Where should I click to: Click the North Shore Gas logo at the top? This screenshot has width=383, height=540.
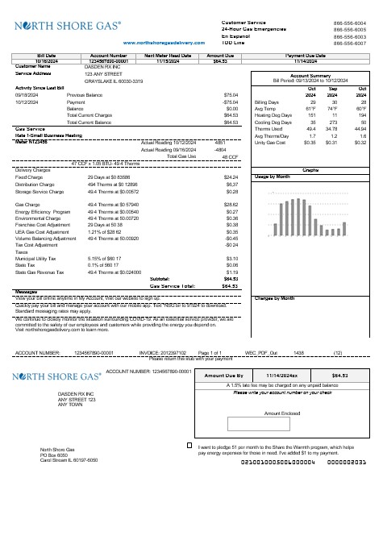point(64,26)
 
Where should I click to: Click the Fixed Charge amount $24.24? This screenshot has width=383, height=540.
point(231,154)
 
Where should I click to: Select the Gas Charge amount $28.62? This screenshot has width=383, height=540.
point(231,182)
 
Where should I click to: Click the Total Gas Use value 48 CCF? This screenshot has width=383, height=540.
point(227,133)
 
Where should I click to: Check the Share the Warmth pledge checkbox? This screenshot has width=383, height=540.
point(189,444)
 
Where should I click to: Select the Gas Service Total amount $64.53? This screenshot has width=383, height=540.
point(229,264)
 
